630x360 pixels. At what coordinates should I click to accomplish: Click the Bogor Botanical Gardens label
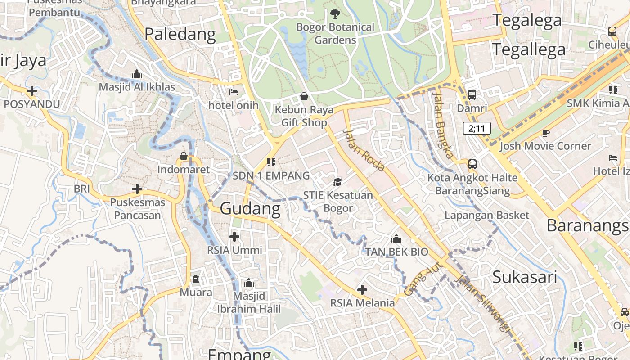tap(335, 33)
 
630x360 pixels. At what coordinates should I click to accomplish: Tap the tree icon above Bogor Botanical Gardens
tap(335, 14)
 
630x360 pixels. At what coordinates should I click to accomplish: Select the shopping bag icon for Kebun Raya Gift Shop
tap(304, 96)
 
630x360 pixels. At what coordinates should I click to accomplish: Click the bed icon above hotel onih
tap(234, 92)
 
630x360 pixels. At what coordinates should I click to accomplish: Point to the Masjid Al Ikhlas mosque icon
tap(137, 74)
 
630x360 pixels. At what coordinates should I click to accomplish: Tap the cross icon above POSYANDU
tap(31, 91)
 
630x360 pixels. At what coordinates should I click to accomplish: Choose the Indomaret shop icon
tap(184, 156)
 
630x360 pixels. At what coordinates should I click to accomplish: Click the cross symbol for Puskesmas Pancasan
tap(137, 189)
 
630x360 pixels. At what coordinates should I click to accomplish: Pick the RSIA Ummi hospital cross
tap(234, 236)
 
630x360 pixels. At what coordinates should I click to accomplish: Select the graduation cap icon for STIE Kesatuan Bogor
tap(337, 182)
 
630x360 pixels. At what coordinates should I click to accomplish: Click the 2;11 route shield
tap(477, 129)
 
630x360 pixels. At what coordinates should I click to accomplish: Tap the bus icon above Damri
tap(472, 95)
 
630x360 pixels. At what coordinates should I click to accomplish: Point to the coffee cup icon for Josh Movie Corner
tap(545, 133)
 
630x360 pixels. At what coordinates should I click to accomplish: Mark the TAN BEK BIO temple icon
tap(396, 238)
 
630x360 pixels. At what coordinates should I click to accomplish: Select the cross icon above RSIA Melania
tap(362, 290)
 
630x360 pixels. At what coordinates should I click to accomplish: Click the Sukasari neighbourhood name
tap(525, 277)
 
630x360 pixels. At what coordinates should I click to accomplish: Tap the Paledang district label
tap(180, 34)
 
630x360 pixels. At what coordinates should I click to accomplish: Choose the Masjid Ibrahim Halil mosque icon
tap(248, 283)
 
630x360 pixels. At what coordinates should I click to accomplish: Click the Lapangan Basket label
tap(487, 215)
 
